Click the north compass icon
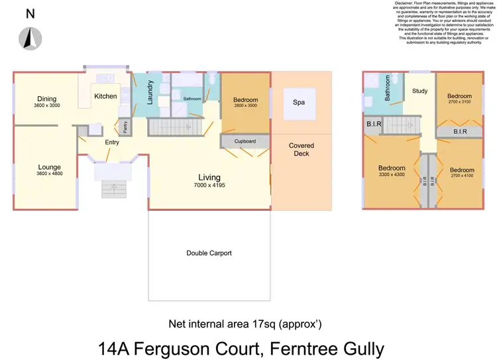(x=30, y=38)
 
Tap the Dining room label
(x=46, y=98)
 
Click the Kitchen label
(x=105, y=96)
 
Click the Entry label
(x=112, y=142)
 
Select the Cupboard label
(x=245, y=141)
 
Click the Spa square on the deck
(x=299, y=103)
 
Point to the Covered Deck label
(x=302, y=149)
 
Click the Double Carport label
(x=209, y=253)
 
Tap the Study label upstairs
(x=419, y=91)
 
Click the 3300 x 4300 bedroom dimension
(x=392, y=176)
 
